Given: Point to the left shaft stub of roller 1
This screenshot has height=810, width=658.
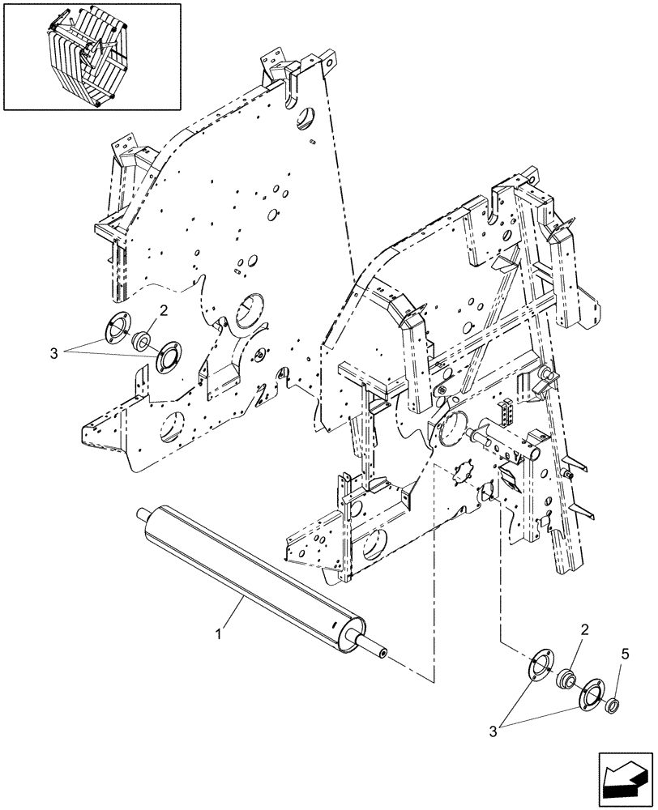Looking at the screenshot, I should (x=146, y=513).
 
